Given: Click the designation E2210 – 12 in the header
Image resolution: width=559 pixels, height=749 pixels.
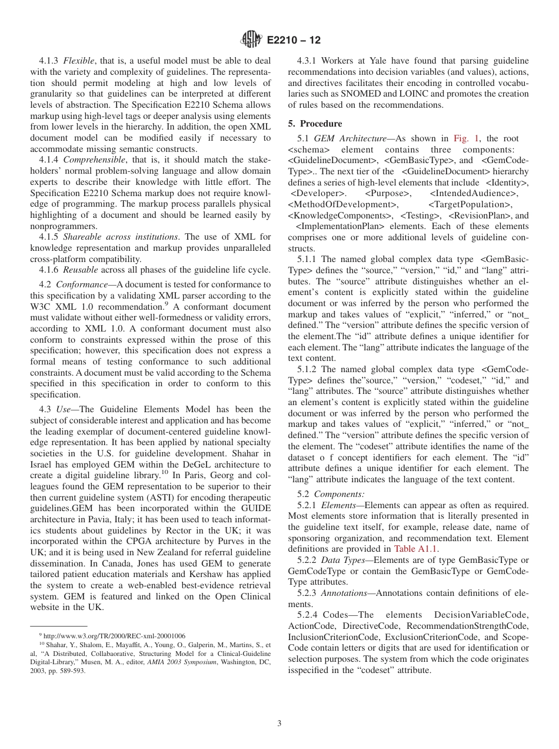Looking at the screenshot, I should [x=294, y=41].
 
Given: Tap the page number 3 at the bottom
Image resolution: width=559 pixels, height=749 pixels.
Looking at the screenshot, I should [x=279, y=724].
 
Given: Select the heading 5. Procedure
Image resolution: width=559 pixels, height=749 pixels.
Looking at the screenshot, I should [x=323, y=124].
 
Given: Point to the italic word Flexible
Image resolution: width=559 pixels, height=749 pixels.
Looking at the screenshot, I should [x=79, y=61].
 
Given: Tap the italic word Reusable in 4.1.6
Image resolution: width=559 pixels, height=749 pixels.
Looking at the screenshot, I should [x=81, y=270].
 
